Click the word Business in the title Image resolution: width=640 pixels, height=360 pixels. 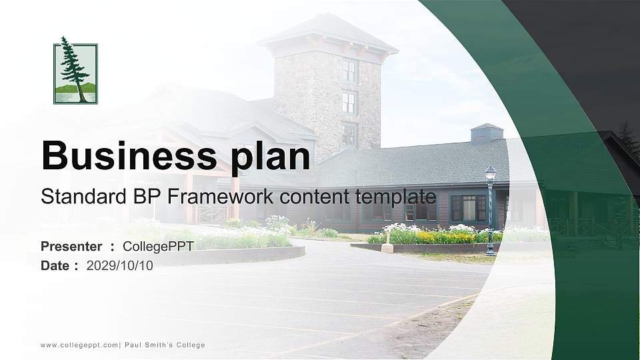(129, 155)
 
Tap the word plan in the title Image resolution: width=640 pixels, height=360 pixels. (271, 158)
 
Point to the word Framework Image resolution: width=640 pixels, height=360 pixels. (221, 196)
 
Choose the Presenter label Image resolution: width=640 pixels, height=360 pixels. (71, 246)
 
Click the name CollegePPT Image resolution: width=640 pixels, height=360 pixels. (158, 246)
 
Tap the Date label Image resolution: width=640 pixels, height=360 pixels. (55, 265)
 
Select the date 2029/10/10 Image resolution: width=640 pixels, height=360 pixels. (119, 265)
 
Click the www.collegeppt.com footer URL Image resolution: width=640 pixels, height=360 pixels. (79, 345)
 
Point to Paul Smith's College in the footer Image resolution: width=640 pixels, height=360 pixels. (165, 345)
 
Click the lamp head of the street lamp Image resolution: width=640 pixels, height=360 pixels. (490, 173)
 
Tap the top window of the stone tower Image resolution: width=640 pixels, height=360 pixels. (349, 71)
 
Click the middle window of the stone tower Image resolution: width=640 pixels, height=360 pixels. (349, 103)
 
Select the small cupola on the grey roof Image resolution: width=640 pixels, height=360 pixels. (487, 133)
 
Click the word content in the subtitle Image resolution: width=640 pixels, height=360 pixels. (315, 197)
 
